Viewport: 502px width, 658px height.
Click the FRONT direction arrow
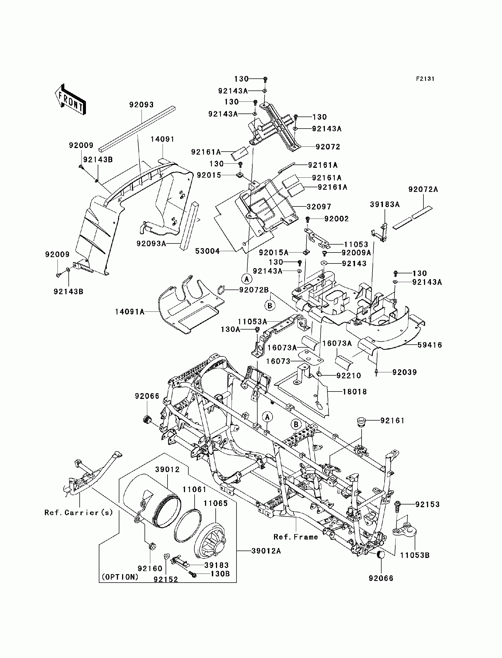[x=71, y=100]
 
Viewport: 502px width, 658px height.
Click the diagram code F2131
[x=425, y=79]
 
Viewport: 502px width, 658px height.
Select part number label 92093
[x=141, y=105]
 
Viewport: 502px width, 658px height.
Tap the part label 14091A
[x=130, y=312]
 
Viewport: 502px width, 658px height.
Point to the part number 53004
[x=207, y=251]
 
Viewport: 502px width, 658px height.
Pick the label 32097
[x=319, y=207]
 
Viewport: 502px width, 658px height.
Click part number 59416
[x=430, y=345]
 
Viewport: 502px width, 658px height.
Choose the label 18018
[x=355, y=392]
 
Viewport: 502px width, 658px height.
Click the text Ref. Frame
[x=296, y=537]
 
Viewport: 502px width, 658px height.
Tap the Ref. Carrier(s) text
[x=79, y=513]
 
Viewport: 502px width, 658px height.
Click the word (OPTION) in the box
[x=120, y=577]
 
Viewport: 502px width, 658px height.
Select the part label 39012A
[x=266, y=551]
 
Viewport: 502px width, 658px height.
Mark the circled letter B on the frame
[x=296, y=425]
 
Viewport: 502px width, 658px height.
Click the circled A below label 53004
[x=247, y=279]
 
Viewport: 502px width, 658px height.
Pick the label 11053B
[x=415, y=555]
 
